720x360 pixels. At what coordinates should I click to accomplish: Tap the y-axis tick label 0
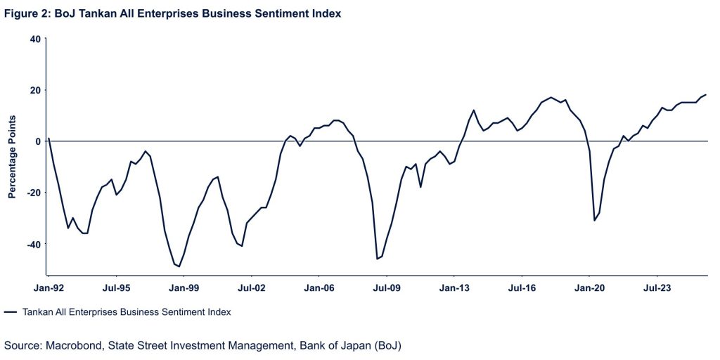pos(38,141)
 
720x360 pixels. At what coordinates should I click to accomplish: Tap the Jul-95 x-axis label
pos(115,287)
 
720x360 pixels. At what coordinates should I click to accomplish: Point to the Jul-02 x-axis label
pos(251,287)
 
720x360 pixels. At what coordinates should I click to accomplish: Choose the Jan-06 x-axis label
pos(319,287)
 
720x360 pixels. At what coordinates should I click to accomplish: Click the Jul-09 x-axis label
pos(386,287)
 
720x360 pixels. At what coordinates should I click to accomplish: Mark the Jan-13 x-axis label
pos(454,287)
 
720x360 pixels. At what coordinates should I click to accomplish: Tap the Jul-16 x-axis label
pos(522,287)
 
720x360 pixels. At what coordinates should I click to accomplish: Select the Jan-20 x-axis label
pos(589,287)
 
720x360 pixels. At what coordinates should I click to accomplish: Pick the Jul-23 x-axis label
pos(657,287)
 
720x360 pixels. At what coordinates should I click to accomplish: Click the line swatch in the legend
pos(10,311)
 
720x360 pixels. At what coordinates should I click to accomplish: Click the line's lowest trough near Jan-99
pos(179,266)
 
